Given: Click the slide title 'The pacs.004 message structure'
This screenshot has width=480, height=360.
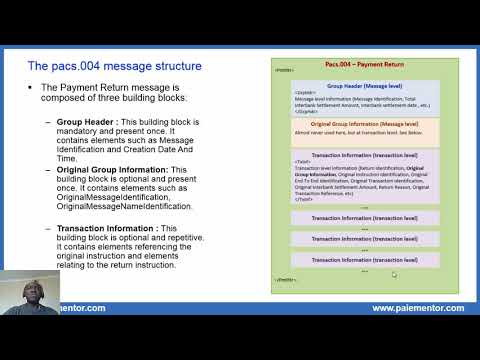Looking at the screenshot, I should (x=114, y=66).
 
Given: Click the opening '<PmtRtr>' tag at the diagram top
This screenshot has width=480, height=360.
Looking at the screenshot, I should (x=285, y=71).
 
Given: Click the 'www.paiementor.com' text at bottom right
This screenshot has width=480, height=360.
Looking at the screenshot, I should (x=417, y=308).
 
